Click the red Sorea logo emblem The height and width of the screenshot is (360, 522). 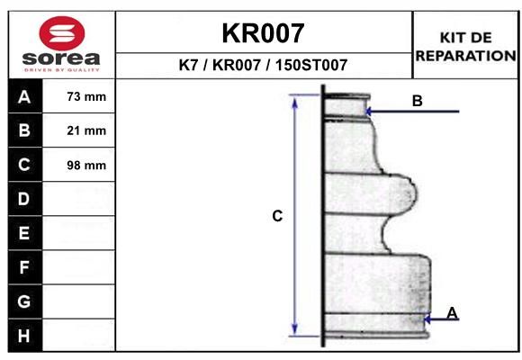(x=62, y=33)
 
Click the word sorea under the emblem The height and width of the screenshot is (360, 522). (x=61, y=58)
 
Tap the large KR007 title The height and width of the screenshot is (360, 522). (x=263, y=33)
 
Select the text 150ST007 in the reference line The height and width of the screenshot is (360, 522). (x=311, y=65)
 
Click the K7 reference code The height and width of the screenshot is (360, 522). (x=188, y=65)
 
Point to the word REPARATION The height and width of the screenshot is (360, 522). (x=465, y=56)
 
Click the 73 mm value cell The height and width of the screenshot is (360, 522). (x=86, y=96)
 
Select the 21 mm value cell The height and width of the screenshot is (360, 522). (x=86, y=130)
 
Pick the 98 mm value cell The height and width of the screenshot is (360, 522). (x=86, y=166)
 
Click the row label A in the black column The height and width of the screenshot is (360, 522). (x=24, y=97)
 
